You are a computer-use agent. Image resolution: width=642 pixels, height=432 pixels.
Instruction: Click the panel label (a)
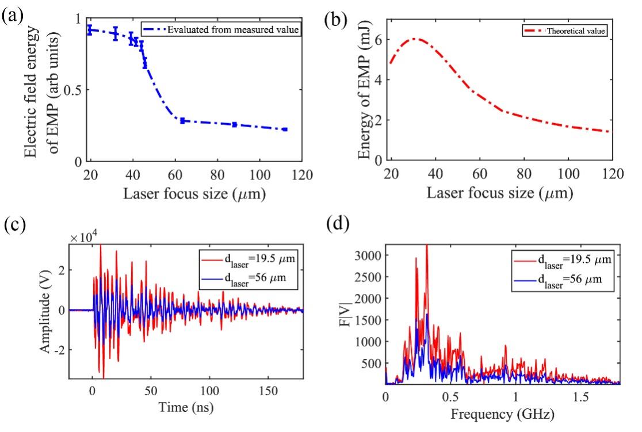12,16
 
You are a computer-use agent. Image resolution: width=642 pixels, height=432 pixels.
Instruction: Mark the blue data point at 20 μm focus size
90,30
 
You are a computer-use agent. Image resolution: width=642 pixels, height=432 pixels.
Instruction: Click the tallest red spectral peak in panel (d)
426,246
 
